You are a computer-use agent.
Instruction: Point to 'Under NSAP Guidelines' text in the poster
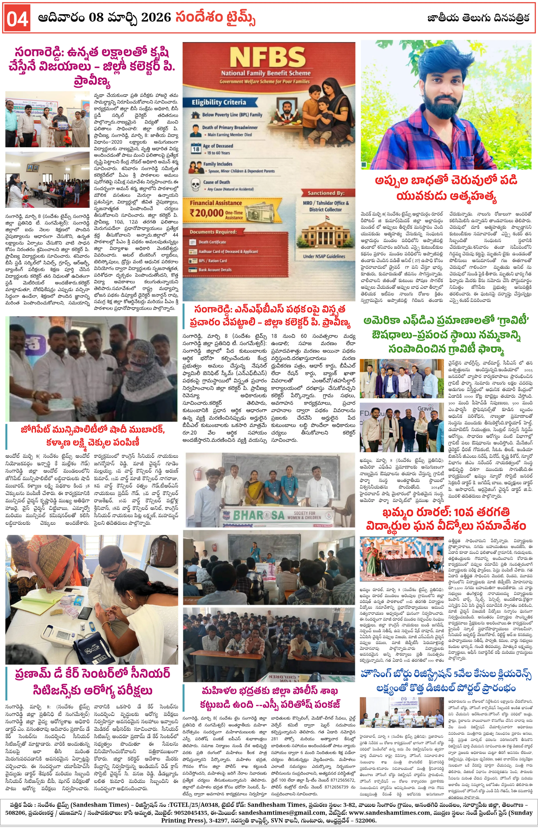coord(324,256)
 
